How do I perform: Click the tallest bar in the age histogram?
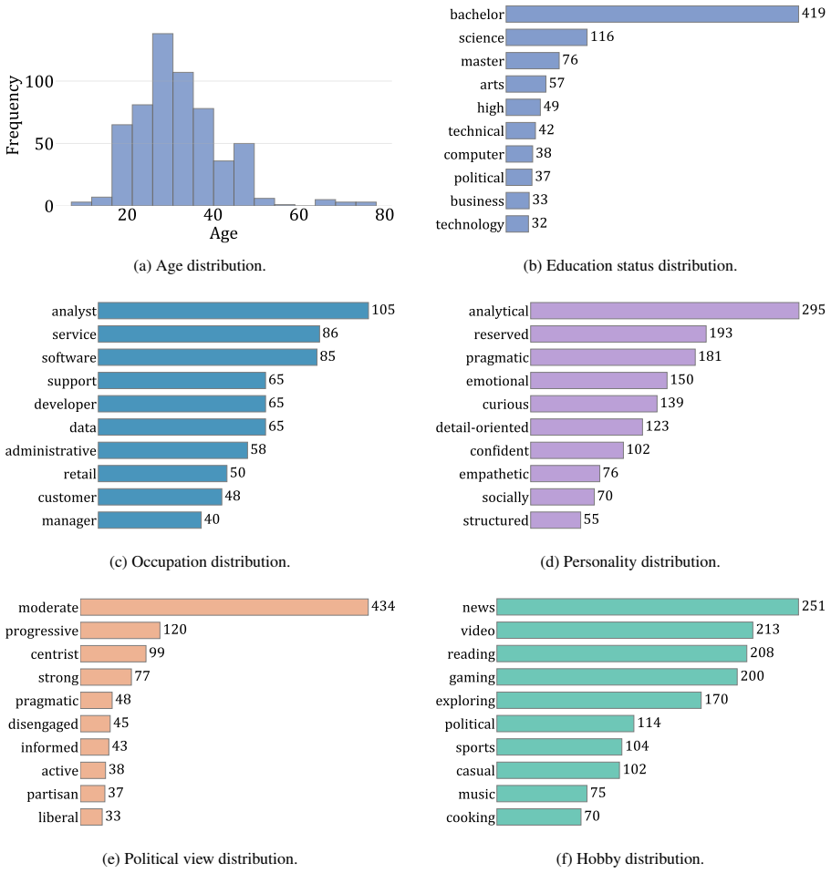coord(162,119)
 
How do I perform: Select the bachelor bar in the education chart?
coord(652,15)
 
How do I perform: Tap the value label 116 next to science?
coord(602,36)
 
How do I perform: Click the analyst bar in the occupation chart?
coord(233,311)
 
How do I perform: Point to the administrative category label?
coord(51,450)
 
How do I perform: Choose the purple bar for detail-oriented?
coord(587,427)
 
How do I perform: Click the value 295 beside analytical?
coord(813,310)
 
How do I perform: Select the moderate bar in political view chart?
coord(224,607)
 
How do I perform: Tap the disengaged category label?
coord(43,724)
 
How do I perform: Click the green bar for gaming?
coord(617,677)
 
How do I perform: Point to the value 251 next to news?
coord(813,606)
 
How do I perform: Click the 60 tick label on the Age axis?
coord(298,215)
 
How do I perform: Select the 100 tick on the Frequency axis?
coord(39,82)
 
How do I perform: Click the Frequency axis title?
coord(13,115)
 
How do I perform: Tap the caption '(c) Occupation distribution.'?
coord(200,561)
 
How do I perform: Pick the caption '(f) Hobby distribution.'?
coord(629,858)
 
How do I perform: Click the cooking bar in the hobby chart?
coord(539,817)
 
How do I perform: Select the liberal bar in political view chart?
coord(91,817)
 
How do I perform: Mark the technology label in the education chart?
coord(469,224)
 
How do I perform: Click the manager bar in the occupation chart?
coord(150,520)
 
